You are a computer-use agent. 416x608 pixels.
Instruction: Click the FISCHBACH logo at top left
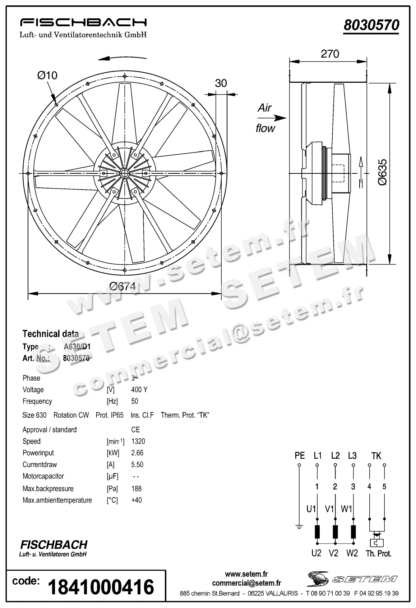pos(83,22)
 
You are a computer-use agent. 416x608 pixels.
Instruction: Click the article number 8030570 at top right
pos(371,25)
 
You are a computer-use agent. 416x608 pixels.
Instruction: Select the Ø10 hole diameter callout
pos(47,76)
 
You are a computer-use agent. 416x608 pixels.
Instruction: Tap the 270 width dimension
pos(329,54)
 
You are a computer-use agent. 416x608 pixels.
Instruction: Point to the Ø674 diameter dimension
pos(123,286)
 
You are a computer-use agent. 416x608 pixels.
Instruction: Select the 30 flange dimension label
pos(221,83)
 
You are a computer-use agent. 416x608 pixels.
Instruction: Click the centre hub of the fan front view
pos(125,173)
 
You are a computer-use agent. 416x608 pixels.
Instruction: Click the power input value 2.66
pos(137,453)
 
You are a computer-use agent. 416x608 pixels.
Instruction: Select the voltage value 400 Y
pos(139,390)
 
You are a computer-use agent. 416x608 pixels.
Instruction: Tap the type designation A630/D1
pos(77,347)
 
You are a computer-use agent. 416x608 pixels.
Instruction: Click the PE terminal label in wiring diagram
pos(299,456)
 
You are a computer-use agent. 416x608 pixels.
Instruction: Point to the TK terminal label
pos(376,456)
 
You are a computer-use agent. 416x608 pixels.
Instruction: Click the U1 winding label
pos(311,509)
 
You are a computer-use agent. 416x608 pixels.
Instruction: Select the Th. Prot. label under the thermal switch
pos(378,554)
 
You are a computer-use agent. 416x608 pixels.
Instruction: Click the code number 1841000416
pos(101,587)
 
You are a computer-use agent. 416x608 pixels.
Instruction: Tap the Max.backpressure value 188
pos(137,489)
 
